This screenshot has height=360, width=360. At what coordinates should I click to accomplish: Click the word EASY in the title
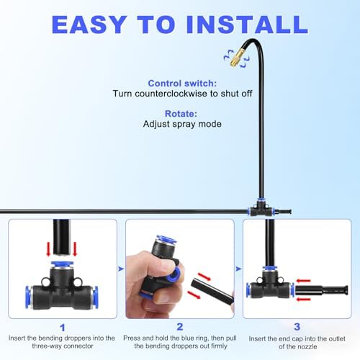pos(89,24)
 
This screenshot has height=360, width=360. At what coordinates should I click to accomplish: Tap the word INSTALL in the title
pos(247,24)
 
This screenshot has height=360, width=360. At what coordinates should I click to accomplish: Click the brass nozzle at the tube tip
pos(235,58)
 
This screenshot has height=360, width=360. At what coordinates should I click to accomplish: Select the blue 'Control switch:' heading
pos(182,84)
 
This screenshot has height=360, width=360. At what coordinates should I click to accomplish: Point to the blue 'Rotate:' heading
pos(181,114)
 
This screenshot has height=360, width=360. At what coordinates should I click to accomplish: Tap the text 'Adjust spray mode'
pos(182,124)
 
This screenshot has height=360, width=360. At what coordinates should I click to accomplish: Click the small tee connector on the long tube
pos(261,209)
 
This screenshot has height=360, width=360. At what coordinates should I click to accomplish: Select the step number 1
pos(63,328)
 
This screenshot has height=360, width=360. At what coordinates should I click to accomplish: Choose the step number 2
pos(180,327)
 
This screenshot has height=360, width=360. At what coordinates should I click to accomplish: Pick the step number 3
pos(297,327)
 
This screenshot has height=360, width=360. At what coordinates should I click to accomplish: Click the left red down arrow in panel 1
pos(48,248)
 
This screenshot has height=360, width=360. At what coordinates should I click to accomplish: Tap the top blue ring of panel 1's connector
pos(62,264)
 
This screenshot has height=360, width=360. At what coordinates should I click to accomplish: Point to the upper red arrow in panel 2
pos(204,276)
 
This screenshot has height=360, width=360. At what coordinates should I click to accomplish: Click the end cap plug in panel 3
pos(322,290)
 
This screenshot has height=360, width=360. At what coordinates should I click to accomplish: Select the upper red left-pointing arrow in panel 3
pos(303,281)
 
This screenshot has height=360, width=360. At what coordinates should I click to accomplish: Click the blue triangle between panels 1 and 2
pos(121,269)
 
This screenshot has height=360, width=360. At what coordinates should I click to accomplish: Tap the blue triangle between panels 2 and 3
pos(238,269)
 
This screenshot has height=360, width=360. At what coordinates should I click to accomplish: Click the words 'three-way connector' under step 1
pos(63,346)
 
